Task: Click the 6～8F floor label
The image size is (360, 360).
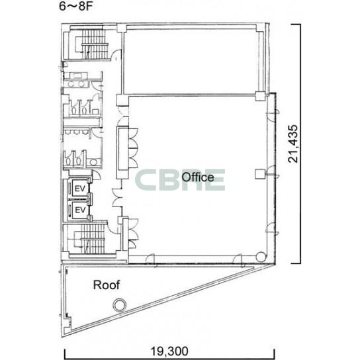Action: pos(75,6)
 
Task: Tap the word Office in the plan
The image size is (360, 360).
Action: pos(198,177)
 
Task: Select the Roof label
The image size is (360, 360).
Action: pos(107,285)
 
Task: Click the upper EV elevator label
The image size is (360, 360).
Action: pos(80,189)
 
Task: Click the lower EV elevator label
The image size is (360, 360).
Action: pos(80,210)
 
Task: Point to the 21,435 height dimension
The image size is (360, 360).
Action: pos(293,144)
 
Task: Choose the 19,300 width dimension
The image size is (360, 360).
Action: pos(169,351)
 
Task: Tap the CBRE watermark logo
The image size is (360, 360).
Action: pos(180,180)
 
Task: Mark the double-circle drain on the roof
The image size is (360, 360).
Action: pos(120,304)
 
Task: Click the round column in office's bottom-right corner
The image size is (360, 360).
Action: pos(261,257)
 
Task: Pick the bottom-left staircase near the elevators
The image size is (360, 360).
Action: pos(92,239)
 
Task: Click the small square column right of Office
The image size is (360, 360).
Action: pos(260,175)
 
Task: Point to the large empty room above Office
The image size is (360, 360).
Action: pos(191,62)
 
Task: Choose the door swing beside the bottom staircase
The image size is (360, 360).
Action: pos(113,227)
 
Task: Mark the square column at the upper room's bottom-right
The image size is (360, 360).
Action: pos(260,96)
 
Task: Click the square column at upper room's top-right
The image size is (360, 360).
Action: pos(260,28)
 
